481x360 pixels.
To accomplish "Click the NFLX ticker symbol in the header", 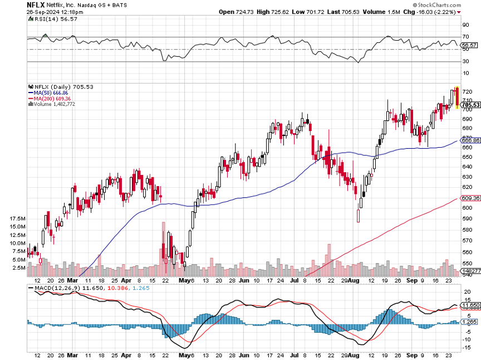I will pyautogui.click(x=36, y=4).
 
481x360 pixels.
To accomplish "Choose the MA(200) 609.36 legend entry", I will pyautogui.click(x=53, y=99).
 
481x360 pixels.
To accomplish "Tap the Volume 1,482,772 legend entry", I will pyautogui.click(x=55, y=104).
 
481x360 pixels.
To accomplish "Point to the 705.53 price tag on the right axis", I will pyautogui.click(x=471, y=105).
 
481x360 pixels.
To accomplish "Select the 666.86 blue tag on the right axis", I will pyautogui.click(x=471, y=140).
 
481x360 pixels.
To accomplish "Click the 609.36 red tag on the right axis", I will pyautogui.click(x=471, y=198).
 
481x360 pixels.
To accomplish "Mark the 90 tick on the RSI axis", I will pyautogui.click(x=465, y=25).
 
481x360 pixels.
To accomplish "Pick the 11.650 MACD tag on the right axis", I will pyautogui.click(x=471, y=305).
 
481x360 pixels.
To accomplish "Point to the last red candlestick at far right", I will pyautogui.click(x=457, y=98).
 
